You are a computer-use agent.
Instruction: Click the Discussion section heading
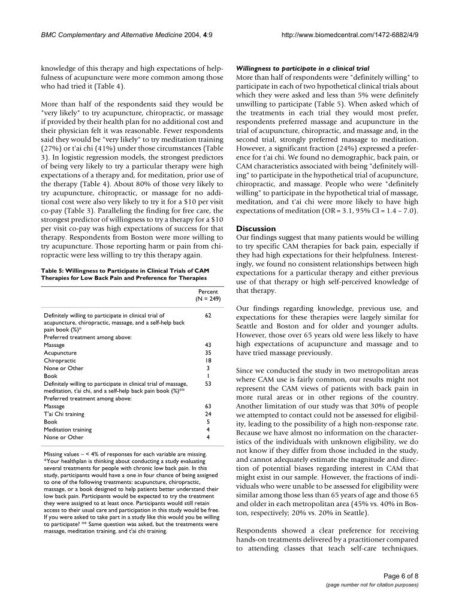point(256,229)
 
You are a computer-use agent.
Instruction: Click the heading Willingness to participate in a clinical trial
point(303,69)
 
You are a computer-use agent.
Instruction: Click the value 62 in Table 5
point(208,314)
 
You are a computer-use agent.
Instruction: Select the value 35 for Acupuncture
point(208,353)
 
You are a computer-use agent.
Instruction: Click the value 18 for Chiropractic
point(208,361)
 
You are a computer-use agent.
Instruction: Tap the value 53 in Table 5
point(208,383)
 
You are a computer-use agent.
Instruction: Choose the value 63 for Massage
point(208,406)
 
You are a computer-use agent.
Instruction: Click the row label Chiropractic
point(59,361)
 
